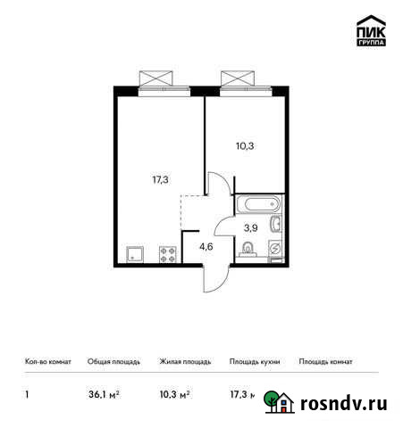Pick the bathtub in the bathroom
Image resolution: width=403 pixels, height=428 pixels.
(x=257, y=203)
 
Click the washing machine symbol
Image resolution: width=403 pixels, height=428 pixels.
(x=275, y=248)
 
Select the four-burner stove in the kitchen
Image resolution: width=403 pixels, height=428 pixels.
(x=166, y=253)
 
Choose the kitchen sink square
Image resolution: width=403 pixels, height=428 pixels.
(x=136, y=253)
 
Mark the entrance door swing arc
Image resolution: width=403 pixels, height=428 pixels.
(x=212, y=278)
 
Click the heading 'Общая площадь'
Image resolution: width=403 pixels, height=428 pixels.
(x=112, y=362)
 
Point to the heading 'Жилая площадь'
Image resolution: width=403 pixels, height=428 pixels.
(x=184, y=362)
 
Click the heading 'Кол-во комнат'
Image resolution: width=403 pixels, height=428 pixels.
(x=43, y=362)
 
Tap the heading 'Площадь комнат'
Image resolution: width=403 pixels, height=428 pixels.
(x=326, y=362)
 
